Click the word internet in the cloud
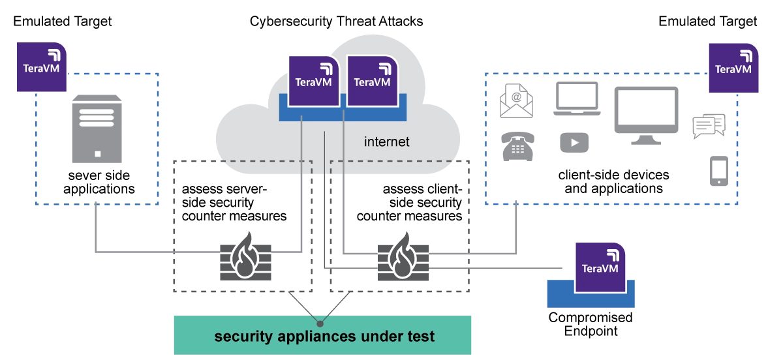[387, 142]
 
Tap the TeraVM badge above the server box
[42, 66]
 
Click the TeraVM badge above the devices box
[733, 68]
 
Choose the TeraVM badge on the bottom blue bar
[599, 267]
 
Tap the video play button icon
[574, 143]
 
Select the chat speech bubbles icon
[707, 125]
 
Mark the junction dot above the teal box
[320, 323]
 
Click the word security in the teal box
[241, 337]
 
